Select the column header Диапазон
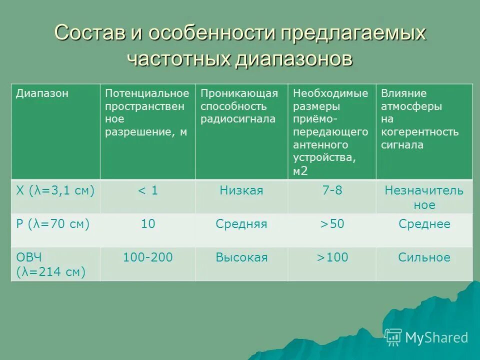tap(42, 93)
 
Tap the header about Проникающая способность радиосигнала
tap(239, 106)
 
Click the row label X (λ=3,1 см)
tap(55, 190)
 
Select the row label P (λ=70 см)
tap(53, 224)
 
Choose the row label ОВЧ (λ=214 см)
tap(51, 264)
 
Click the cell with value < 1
tap(147, 190)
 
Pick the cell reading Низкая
tap(241, 190)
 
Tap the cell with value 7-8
tap(331, 190)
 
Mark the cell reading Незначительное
tap(424, 197)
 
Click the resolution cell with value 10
tap(147, 224)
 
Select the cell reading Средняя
tap(241, 224)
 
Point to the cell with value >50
tap(331, 224)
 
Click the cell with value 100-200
tap(147, 257)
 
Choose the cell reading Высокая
tap(241, 257)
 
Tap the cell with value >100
tap(331, 257)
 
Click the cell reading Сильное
tap(424, 257)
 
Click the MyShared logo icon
tap(393, 337)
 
